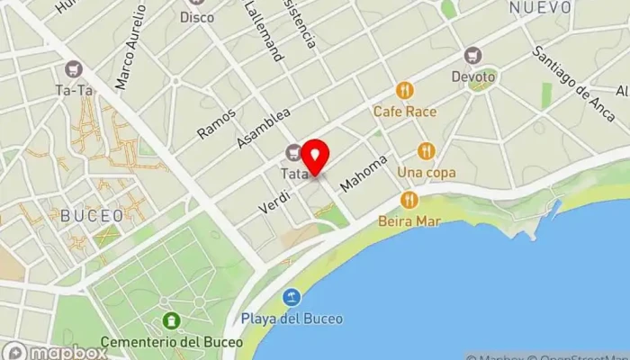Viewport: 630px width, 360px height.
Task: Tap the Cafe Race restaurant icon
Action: click(405, 91)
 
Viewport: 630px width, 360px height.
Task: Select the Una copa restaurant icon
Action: click(426, 151)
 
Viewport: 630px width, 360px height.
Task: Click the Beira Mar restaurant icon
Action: click(409, 199)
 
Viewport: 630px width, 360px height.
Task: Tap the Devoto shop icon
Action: click(473, 55)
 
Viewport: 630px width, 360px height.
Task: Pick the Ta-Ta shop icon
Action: click(74, 69)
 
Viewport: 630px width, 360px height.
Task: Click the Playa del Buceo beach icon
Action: click(292, 296)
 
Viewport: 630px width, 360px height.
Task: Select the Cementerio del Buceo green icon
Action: click(171, 320)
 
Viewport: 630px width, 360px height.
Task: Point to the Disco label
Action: click(197, 17)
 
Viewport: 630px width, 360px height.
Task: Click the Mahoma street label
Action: click(364, 172)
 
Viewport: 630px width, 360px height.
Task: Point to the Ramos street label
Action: click(216, 122)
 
